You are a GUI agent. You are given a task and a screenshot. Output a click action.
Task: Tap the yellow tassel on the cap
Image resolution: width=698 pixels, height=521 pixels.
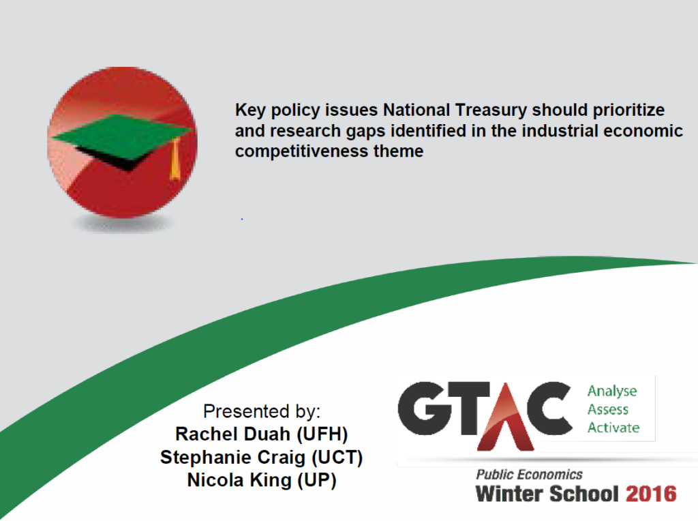click(175, 158)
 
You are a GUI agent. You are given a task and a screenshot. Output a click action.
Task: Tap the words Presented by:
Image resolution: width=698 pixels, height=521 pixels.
click(262, 411)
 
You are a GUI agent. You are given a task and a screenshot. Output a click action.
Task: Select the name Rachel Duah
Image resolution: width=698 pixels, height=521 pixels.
click(233, 434)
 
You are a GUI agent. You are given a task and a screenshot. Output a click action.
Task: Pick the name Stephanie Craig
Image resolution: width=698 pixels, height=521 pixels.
click(233, 458)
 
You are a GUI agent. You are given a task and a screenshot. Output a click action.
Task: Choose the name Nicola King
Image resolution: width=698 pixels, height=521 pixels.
click(239, 480)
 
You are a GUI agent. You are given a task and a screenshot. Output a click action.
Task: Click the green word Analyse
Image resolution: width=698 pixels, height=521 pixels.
click(612, 391)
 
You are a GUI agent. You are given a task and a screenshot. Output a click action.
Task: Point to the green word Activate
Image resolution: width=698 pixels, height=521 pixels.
click(613, 428)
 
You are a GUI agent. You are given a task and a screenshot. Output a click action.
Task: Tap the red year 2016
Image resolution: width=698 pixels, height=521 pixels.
click(651, 494)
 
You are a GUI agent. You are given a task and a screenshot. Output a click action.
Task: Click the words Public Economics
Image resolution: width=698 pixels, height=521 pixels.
click(529, 475)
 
